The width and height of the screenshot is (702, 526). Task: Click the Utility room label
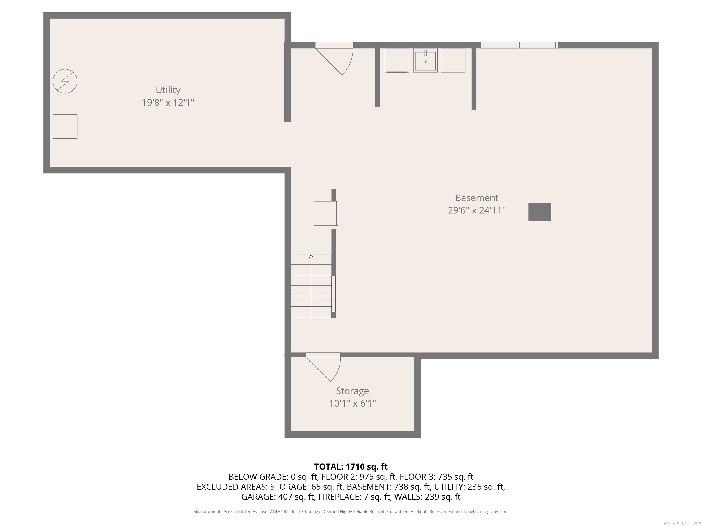pos(168,90)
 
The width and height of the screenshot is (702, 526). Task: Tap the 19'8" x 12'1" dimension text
pos(168,103)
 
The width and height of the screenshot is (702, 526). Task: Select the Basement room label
pos(476,198)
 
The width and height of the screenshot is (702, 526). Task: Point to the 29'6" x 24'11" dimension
pos(476,210)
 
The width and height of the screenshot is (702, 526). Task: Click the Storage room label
pos(352,391)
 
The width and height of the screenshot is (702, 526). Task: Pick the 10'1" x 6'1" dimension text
pos(352,404)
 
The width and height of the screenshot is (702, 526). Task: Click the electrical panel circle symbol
pos(65,81)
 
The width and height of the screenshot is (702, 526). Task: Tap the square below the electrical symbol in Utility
pos(65,126)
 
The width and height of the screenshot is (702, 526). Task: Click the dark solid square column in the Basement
pos(540,212)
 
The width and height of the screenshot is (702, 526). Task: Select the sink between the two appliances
pos(425,60)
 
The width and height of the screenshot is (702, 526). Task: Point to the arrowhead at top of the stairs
pos(311,256)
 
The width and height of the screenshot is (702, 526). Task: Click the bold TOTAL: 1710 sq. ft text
pos(351,467)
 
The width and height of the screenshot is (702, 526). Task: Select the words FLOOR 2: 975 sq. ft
pos(359,477)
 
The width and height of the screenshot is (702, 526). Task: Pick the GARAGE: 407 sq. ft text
pos(278,497)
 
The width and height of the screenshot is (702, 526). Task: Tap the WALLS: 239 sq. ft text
pos(427,497)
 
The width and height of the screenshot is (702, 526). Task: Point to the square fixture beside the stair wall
pos(326,213)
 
